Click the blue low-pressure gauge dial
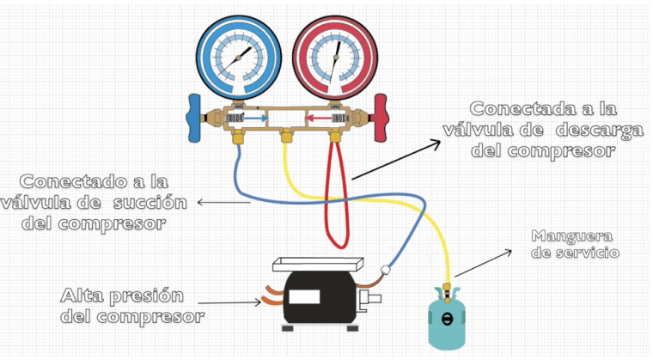pos(239,58)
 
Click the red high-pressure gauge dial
pos(335,58)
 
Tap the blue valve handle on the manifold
pos(194,118)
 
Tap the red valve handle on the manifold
pos(381,118)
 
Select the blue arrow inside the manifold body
pos(256,119)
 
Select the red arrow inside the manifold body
pos(319,119)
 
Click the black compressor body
pos(320,297)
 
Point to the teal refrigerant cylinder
pos(447,318)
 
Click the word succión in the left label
pos(150,203)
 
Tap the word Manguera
pos(571,236)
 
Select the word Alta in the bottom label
pos(82,296)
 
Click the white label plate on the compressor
pos(304,296)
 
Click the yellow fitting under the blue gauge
pos(238,137)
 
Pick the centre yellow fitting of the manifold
pos(286,137)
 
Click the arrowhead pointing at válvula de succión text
pos(200,203)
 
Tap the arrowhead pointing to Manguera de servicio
pos(508,252)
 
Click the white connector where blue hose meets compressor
pos(385,270)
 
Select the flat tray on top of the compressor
pos(318,265)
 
